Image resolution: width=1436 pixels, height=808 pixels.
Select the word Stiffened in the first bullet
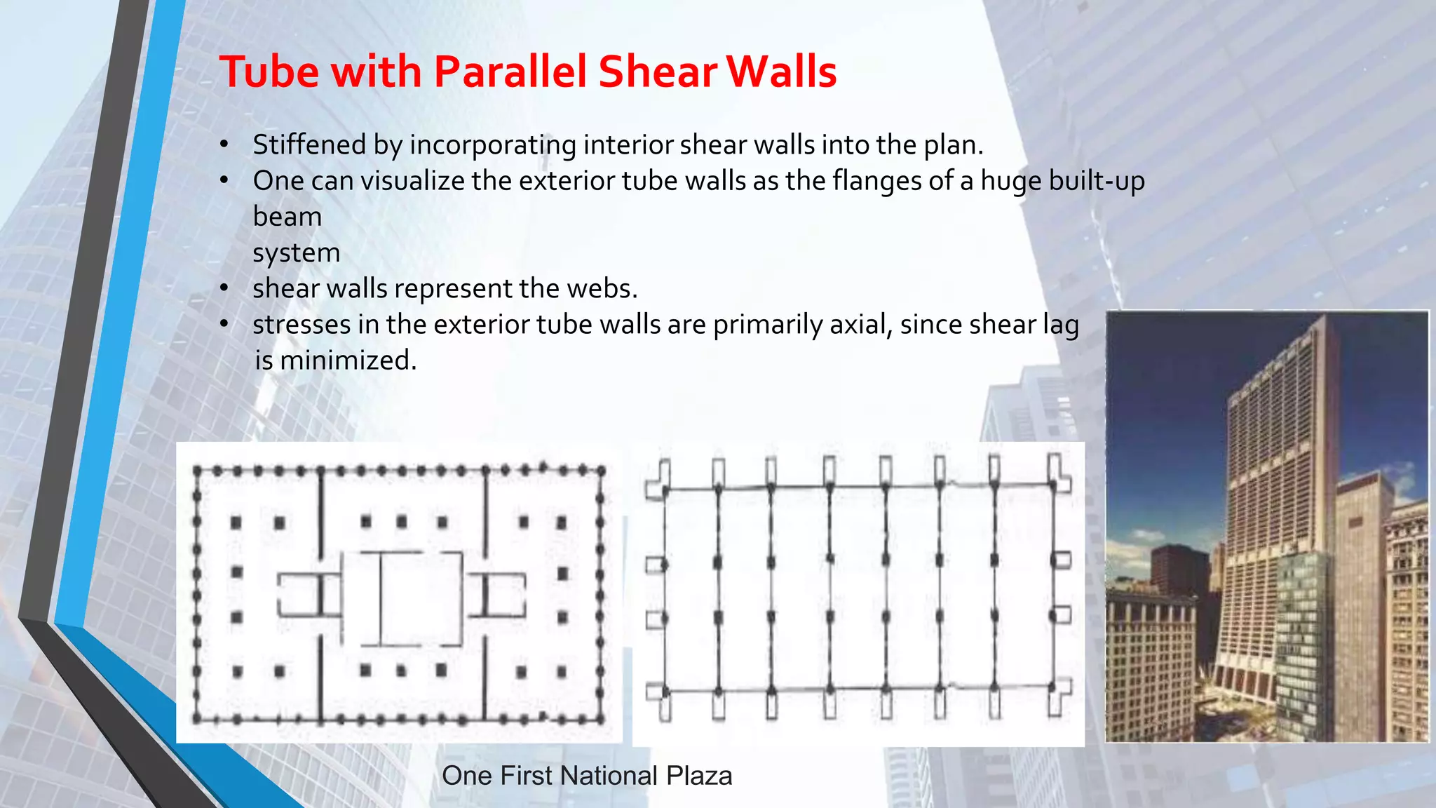(x=309, y=144)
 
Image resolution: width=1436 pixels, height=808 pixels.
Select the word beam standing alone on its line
(x=287, y=217)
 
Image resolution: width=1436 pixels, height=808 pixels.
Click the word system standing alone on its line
(x=296, y=252)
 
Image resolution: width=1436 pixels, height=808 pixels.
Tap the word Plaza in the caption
(x=699, y=776)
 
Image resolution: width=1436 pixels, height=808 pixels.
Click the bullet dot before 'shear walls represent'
(x=224, y=288)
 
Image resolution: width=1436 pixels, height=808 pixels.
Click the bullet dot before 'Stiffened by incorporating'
(x=224, y=145)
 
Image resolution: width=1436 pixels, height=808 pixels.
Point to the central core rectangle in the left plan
(x=402, y=598)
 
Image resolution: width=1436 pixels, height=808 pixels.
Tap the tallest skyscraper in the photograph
(x=1276, y=491)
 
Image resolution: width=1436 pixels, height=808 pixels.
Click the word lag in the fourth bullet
(x=1061, y=325)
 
